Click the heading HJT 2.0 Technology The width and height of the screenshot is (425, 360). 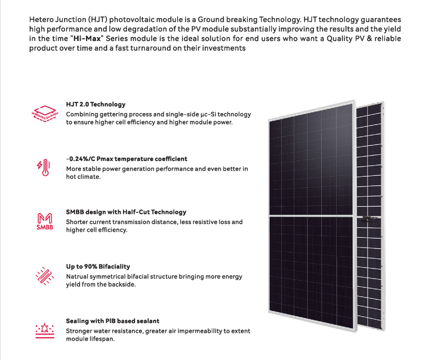[96, 105]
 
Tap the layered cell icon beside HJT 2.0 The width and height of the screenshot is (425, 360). [45, 113]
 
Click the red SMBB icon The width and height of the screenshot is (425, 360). [44, 222]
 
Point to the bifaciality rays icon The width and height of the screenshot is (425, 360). [44, 276]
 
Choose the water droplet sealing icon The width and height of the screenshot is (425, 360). [44, 330]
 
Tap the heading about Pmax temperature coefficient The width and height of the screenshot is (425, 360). [127, 159]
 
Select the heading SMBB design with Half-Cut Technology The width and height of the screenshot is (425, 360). [126, 212]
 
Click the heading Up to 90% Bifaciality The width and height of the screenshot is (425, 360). [98, 267]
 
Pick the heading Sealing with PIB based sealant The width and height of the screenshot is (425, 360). [112, 321]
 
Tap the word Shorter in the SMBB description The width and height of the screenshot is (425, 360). [78, 222]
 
